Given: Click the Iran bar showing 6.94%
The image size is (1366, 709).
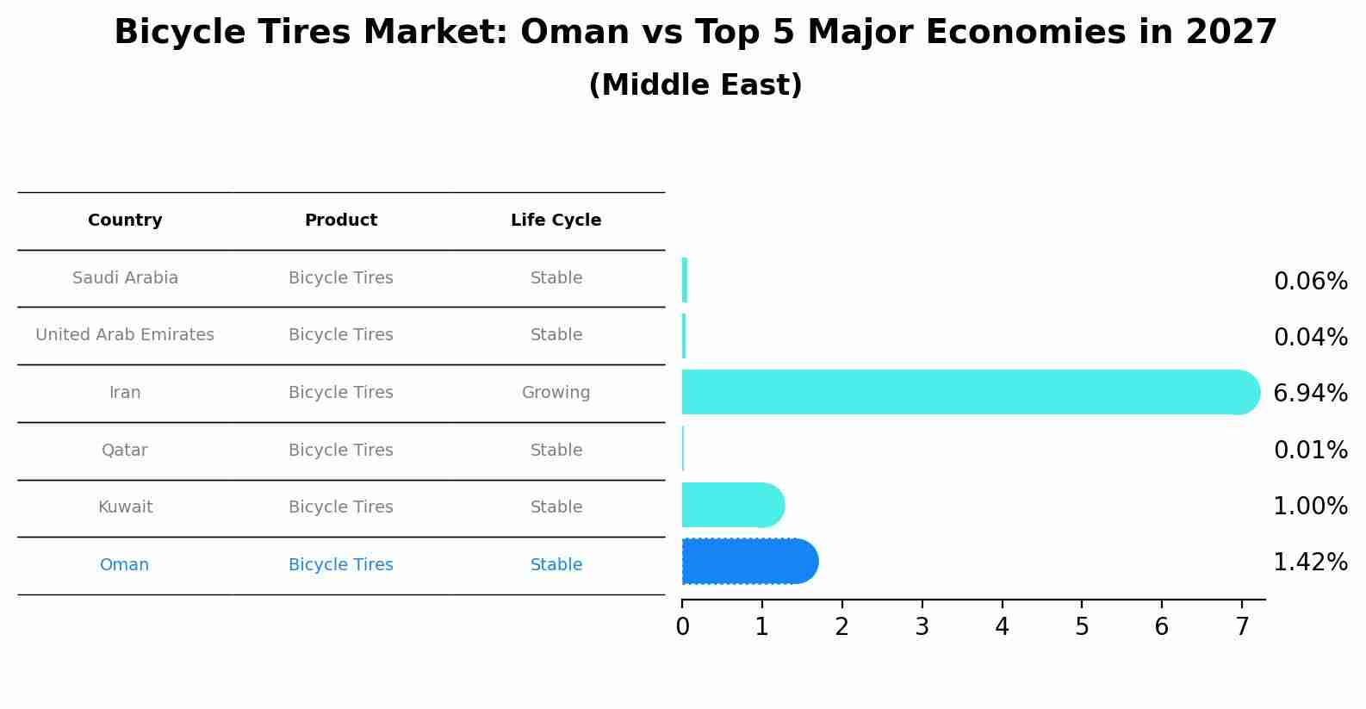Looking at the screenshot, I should (965, 392).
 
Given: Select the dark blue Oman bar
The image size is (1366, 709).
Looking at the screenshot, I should (745, 562).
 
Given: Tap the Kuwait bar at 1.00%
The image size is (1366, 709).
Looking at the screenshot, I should (730, 505).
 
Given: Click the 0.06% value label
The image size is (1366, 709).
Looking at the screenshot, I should (1310, 282).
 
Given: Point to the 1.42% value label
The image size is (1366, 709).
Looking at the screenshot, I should (1310, 563).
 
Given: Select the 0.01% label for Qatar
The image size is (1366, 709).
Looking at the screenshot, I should (1310, 450).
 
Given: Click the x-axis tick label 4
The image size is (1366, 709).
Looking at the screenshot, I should (1002, 627).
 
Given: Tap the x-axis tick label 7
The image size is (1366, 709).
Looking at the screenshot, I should (1241, 627).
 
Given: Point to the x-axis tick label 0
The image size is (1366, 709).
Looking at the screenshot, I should (682, 627).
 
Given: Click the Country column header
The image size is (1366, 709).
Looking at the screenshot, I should (125, 221).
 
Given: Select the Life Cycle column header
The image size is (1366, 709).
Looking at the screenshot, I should (556, 221).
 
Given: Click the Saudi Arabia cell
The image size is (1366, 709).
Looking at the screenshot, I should (125, 278).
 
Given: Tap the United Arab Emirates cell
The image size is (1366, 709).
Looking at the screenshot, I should (125, 335).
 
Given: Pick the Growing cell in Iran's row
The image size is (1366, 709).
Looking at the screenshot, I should (556, 393).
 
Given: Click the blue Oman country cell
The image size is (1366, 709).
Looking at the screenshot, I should (124, 565).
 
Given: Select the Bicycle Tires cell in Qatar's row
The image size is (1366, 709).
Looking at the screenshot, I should (340, 451).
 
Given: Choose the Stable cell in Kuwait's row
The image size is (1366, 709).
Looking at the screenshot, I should (556, 507).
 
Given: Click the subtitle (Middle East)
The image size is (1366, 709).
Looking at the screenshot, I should (695, 85).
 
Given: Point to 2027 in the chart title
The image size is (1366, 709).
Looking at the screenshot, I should (1231, 33).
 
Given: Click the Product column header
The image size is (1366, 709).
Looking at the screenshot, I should (340, 221).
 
